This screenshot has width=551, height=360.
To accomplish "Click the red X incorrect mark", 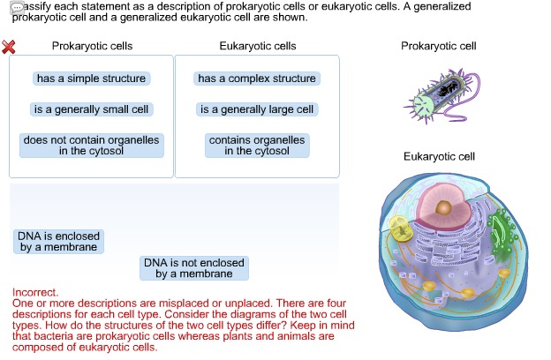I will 9,47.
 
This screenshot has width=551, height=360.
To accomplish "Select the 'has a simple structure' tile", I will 91,79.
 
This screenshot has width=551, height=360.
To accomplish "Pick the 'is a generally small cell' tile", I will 91,109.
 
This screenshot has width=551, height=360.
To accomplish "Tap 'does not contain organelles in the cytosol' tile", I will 91,146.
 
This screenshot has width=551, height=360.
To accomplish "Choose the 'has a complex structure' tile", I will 256,79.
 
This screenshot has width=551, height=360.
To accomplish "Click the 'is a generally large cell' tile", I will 256,109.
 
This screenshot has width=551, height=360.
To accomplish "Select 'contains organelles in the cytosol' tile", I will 256,146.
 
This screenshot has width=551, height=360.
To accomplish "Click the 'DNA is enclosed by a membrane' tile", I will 58,242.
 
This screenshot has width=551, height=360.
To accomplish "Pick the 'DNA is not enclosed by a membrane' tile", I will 194,268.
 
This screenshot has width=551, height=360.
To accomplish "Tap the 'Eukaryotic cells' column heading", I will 256,46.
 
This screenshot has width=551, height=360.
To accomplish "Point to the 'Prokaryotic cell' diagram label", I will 439,46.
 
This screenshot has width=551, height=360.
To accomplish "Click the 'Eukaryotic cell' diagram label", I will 439,156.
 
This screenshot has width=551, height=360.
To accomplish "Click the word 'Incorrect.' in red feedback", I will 35,292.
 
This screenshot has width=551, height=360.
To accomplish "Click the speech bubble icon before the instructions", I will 16,7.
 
